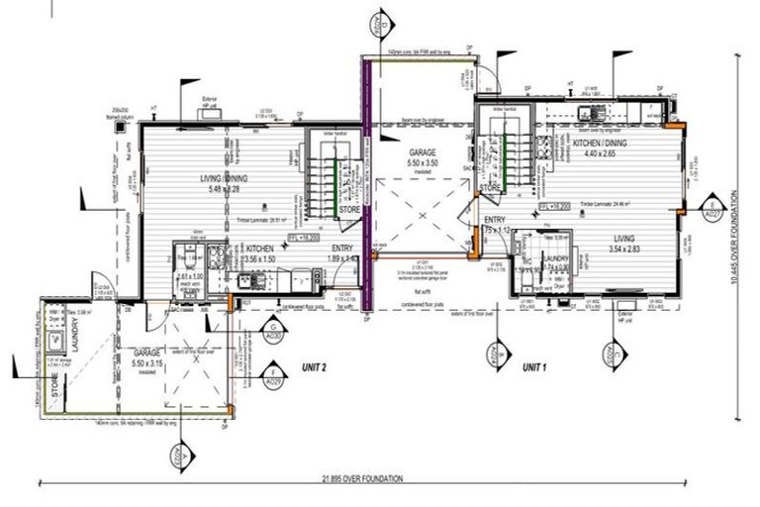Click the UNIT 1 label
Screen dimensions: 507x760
pos(535,366)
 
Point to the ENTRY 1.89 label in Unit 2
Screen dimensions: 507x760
pos(344,253)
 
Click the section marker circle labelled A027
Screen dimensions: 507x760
pos(711,210)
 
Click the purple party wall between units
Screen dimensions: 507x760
pos(366,188)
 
